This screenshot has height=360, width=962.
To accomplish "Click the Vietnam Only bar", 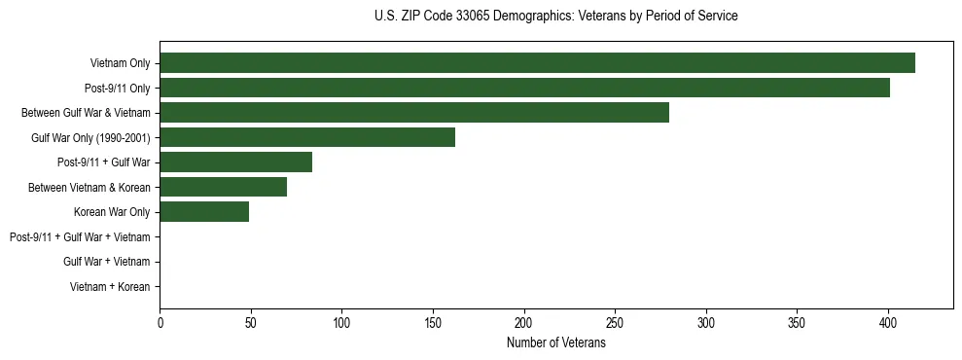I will [x=537, y=63].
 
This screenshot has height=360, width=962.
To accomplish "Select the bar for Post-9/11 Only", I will [x=524, y=88].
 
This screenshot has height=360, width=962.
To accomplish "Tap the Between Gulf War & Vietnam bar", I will [x=414, y=113].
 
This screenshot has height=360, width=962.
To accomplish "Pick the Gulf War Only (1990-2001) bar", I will [x=307, y=137].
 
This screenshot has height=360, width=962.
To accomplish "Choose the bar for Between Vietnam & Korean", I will [x=223, y=187].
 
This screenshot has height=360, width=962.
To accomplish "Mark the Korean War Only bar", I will [x=204, y=212].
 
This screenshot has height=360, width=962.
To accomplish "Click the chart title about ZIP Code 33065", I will [x=555, y=17].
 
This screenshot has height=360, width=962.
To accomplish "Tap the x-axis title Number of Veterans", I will [x=555, y=343].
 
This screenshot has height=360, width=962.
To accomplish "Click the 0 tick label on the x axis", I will [x=160, y=323].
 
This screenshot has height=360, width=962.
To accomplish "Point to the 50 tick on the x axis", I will [x=251, y=323].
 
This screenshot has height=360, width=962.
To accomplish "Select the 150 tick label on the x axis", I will [x=433, y=323].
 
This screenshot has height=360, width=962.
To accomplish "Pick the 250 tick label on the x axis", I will [x=615, y=323].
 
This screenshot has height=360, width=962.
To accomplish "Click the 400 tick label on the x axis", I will [x=888, y=323].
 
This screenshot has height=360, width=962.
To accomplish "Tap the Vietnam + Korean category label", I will [x=110, y=287].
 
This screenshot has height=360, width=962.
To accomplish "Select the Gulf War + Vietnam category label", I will [x=106, y=262].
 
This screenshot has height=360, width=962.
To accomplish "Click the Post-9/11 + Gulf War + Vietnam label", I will [x=80, y=237].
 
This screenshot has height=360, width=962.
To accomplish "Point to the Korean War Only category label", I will [x=112, y=212].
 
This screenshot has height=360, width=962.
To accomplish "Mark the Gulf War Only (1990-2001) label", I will [x=90, y=137].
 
